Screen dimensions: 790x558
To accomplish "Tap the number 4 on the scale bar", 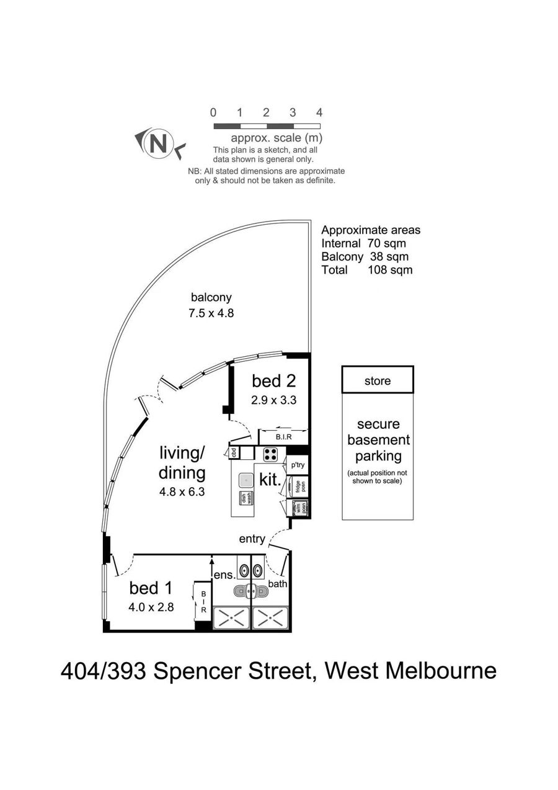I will (x=319, y=113).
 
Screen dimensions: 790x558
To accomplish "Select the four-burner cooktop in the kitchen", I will (x=270, y=454).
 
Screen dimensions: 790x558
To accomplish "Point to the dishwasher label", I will (x=243, y=498).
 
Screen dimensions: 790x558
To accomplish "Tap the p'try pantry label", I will (x=297, y=465).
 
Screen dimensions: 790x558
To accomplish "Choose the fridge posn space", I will (x=298, y=487).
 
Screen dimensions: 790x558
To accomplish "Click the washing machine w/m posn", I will (x=298, y=508).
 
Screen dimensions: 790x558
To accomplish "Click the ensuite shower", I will (x=231, y=618).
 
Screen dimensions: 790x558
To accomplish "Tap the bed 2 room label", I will (x=271, y=380).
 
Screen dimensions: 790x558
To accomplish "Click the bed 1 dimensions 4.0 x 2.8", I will (x=151, y=608).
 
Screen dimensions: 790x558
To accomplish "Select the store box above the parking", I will (x=377, y=380).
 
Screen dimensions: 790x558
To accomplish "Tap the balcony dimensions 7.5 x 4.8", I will (x=211, y=313).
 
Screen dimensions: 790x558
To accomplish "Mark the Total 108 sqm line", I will (x=366, y=270).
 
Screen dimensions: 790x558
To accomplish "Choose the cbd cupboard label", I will (x=234, y=452).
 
